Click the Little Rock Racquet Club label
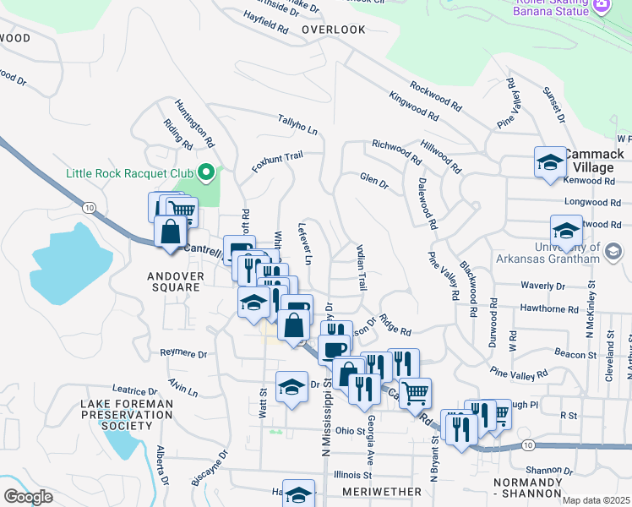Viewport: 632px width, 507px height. pos(130,175)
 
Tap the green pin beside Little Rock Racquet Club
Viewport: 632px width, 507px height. pos(205,175)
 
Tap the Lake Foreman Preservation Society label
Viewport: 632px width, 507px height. pos(127,415)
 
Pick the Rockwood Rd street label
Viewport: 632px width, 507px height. pos(436,97)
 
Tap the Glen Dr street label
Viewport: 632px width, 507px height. pos(373,182)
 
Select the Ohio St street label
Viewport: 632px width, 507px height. pos(349,431)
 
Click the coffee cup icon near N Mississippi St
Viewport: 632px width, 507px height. pos(334,348)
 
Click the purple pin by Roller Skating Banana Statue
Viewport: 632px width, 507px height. pos(602,5)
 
